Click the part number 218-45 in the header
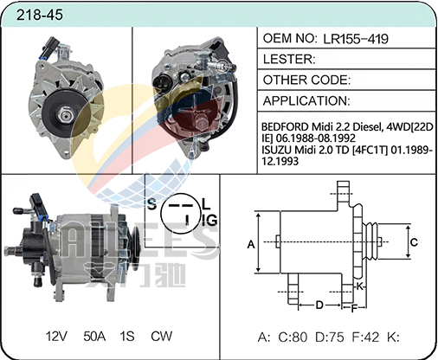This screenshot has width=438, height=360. point(39,15)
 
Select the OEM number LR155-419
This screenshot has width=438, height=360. point(356,39)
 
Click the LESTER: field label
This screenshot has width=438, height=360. point(289,59)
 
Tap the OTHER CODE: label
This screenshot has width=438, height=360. point(306,80)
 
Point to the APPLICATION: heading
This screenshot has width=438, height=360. point(306,100)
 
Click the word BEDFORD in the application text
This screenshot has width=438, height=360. point(285,126)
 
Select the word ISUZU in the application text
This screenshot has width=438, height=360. point(275,150)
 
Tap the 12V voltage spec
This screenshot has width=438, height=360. point(56,337)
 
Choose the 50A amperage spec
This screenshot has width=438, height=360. point(94,337)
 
